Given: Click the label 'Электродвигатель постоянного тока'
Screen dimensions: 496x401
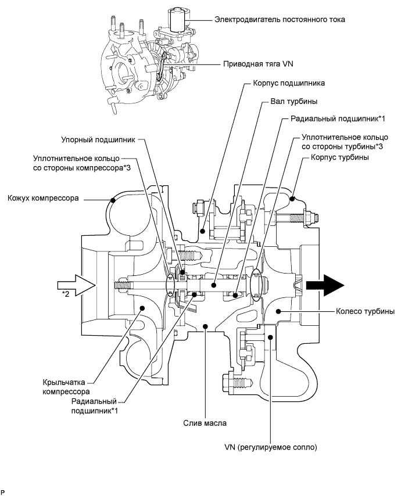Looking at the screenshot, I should [x=271, y=19].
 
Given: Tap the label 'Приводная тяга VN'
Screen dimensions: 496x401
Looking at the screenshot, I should [x=256, y=64].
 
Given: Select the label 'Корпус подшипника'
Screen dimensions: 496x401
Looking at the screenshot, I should [x=288, y=83].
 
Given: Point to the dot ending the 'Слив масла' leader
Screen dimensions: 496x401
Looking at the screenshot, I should [x=205, y=326].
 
